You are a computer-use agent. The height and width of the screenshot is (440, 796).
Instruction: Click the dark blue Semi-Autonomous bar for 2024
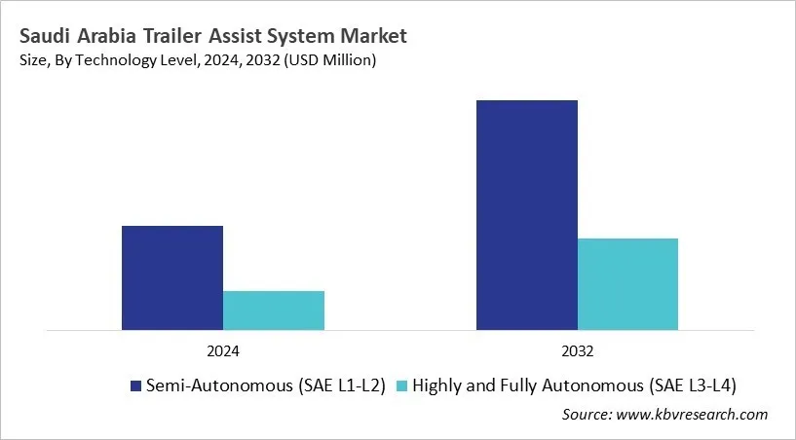(x=172, y=277)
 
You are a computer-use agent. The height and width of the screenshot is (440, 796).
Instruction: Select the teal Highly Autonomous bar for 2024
(x=274, y=310)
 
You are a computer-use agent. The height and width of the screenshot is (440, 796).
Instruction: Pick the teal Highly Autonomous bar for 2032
(x=627, y=283)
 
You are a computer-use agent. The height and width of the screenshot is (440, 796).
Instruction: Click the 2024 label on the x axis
(x=223, y=350)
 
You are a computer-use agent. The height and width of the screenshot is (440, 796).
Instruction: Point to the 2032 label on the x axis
(x=578, y=350)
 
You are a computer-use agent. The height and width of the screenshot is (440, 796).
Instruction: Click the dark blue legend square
(x=135, y=385)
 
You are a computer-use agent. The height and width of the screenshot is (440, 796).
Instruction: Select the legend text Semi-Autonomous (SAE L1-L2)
(x=265, y=385)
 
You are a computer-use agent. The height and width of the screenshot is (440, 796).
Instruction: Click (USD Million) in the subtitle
(x=327, y=60)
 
